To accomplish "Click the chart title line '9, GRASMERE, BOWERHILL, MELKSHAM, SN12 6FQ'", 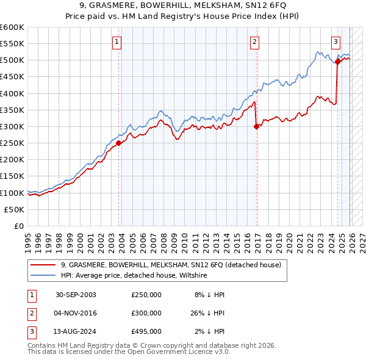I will [182, 5].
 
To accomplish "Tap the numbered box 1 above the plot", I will [117, 42].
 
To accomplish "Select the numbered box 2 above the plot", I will [254, 42].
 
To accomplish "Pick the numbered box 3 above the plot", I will [335, 42].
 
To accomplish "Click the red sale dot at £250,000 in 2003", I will [119, 143].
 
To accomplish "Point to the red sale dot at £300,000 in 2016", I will [256, 126].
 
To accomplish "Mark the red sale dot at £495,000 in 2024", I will [338, 62].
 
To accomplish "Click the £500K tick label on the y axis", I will [12, 60].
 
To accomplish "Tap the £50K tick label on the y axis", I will [15, 209].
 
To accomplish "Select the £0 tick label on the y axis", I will [19, 226].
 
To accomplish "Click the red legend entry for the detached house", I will [171, 265].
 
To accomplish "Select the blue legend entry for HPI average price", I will [134, 276].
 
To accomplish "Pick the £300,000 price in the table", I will [146, 313].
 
